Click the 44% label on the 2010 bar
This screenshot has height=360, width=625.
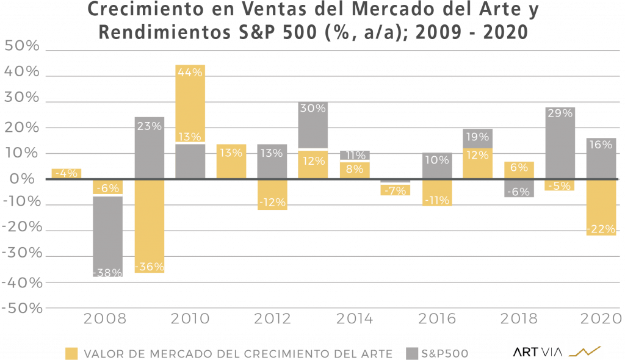click(190, 72)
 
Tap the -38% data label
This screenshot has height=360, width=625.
click(107, 272)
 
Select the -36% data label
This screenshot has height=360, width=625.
click(149, 267)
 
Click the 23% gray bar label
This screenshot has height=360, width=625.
click(149, 126)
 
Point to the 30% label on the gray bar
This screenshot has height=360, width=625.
click(313, 108)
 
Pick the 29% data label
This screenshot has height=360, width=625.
click(560, 113)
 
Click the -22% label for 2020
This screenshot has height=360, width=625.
click(601, 229)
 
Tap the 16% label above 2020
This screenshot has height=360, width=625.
click(601, 145)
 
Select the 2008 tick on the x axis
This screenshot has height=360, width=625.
click(105, 319)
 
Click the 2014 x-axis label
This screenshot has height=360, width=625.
click(355, 319)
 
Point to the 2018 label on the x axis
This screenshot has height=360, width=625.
click(520, 319)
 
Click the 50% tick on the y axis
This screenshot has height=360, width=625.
click(22, 46)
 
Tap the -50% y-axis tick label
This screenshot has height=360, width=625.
click(22, 308)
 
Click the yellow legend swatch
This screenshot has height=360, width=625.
click(72, 353)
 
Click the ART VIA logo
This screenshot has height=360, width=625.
click(557, 350)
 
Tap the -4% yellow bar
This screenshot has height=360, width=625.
click(66, 173)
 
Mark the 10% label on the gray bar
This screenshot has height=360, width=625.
click(437, 160)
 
